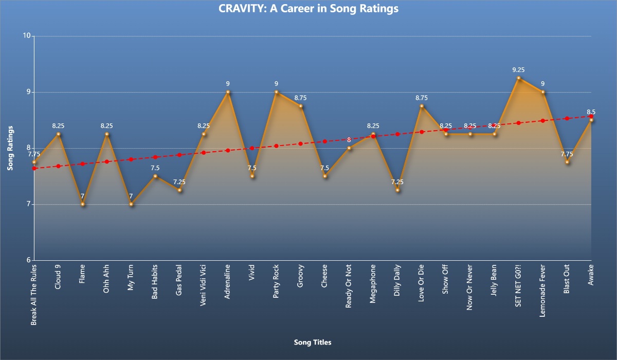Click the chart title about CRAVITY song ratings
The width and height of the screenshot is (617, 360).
click(308, 9)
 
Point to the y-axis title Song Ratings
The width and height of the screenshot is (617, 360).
click(10, 148)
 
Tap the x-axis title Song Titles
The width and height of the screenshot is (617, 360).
click(313, 343)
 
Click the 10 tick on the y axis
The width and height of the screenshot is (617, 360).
click(27, 35)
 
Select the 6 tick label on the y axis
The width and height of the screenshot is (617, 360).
click(29, 260)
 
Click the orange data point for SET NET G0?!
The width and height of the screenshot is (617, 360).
click(518, 78)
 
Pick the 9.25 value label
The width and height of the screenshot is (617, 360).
click(518, 70)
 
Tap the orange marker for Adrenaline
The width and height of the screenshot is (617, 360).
click(228, 92)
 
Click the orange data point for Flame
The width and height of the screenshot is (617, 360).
click(83, 204)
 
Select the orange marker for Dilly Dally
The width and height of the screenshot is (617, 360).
click(397, 190)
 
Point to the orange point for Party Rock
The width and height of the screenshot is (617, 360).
click(276, 92)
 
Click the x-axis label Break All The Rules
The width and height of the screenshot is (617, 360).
click(33, 295)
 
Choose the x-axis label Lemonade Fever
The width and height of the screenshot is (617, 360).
click(542, 291)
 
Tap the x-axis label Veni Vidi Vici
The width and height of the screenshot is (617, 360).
click(203, 285)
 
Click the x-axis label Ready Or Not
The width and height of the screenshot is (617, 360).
click(349, 286)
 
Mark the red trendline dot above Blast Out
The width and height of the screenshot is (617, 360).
click(567, 118)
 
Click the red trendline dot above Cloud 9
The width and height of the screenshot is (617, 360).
click(59, 166)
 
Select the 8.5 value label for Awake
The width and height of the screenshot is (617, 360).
click(591, 112)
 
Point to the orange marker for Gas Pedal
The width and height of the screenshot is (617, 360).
click(179, 190)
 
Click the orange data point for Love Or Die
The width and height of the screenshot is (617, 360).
click(422, 106)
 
